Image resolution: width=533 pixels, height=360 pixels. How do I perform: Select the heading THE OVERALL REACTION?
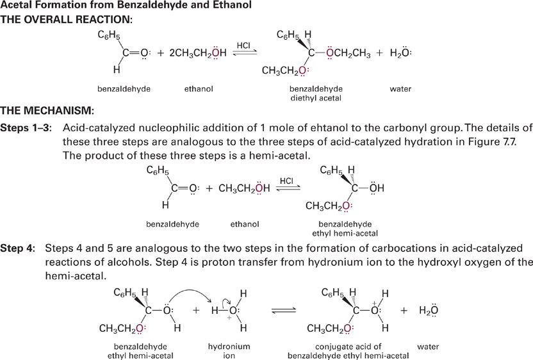pyautogui.click(x=66, y=19)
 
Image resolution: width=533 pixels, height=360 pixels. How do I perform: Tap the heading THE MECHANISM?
pyautogui.click(x=47, y=110)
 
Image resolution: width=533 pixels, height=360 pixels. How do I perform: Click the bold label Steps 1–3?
pyautogui.click(x=26, y=128)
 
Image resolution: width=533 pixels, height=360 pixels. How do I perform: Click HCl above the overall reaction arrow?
pyautogui.click(x=243, y=45)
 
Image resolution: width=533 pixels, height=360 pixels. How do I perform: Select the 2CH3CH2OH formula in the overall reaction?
pyautogui.click(x=197, y=53)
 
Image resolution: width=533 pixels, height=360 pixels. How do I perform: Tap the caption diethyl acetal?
pyautogui.click(x=316, y=98)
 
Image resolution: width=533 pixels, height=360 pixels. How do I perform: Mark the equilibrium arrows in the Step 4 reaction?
pyautogui.click(x=284, y=310)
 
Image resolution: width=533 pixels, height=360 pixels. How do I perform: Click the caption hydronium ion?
pyautogui.click(x=229, y=351)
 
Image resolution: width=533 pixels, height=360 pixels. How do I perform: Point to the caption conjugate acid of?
pyautogui.click(x=348, y=347)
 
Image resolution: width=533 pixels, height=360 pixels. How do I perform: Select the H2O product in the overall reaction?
pyautogui.click(x=400, y=53)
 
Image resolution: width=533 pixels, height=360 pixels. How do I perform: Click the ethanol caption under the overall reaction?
pyautogui.click(x=199, y=89)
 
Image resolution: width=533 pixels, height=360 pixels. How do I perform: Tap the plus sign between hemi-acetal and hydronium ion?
pyautogui.click(x=196, y=310)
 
